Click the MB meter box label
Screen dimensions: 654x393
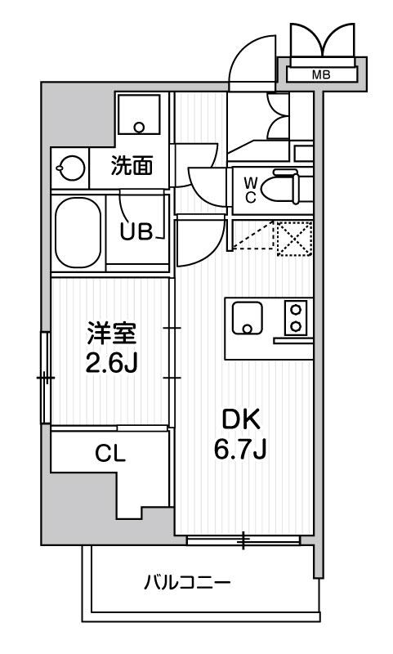(322, 75)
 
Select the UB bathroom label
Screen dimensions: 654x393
(136, 231)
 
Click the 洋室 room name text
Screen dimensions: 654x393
(112, 334)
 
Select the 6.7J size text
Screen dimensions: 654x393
(242, 448)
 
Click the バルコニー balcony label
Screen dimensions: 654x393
(188, 583)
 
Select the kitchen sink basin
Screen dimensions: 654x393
(247, 318)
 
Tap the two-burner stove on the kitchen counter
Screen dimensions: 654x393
(294, 318)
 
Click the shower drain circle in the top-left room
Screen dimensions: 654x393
(139, 128)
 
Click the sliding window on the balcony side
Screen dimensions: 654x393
(243, 540)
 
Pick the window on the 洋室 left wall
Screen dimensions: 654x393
(46, 378)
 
